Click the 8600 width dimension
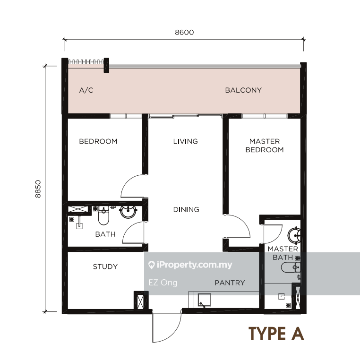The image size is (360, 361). click(184, 32)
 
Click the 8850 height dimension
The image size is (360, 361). click(38, 189)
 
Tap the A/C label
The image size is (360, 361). click(86, 90)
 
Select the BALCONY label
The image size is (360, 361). click(243, 90)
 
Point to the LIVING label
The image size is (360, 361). click(186, 141)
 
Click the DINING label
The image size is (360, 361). click(186, 209)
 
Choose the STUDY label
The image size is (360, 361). click(105, 266)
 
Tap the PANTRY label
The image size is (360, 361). click(230, 283)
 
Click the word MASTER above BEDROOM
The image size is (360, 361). click(265, 141)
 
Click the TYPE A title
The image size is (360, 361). click(276, 334)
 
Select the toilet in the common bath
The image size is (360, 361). click(103, 215)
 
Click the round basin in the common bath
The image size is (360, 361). click(128, 212)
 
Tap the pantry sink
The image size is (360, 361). click(205, 300)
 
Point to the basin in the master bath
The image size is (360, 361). click(294, 235)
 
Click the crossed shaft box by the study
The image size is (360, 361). click(140, 301)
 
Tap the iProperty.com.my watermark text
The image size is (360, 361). click(190, 265)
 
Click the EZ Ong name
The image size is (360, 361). click(163, 283)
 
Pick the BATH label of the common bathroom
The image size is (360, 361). click(105, 234)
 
